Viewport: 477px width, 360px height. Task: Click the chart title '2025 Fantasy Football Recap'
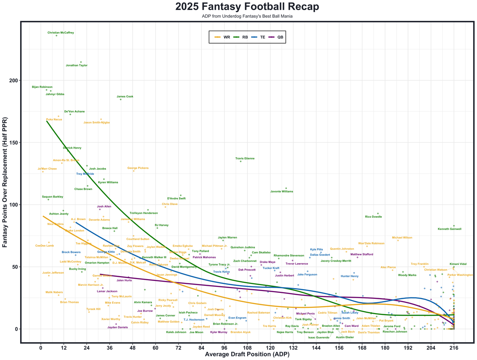[x=247, y=7]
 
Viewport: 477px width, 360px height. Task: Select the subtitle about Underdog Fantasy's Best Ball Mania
[x=247, y=16]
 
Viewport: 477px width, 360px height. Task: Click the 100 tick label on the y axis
[x=13, y=205]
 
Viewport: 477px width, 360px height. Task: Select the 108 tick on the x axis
[x=247, y=348]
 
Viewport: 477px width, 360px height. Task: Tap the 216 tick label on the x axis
[x=454, y=348]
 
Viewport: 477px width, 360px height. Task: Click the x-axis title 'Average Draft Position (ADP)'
[x=247, y=354]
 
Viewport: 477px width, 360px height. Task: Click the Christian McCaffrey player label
[x=61, y=33]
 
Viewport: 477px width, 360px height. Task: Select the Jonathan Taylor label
[x=76, y=65]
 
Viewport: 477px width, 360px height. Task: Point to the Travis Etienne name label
[x=245, y=158]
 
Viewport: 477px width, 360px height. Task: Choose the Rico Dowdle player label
[x=374, y=217]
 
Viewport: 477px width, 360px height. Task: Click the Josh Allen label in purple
[x=104, y=206]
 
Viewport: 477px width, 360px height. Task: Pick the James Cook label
[x=125, y=97]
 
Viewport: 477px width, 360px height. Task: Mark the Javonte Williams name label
[x=282, y=192]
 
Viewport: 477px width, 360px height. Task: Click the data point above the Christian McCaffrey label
[x=57, y=35]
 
